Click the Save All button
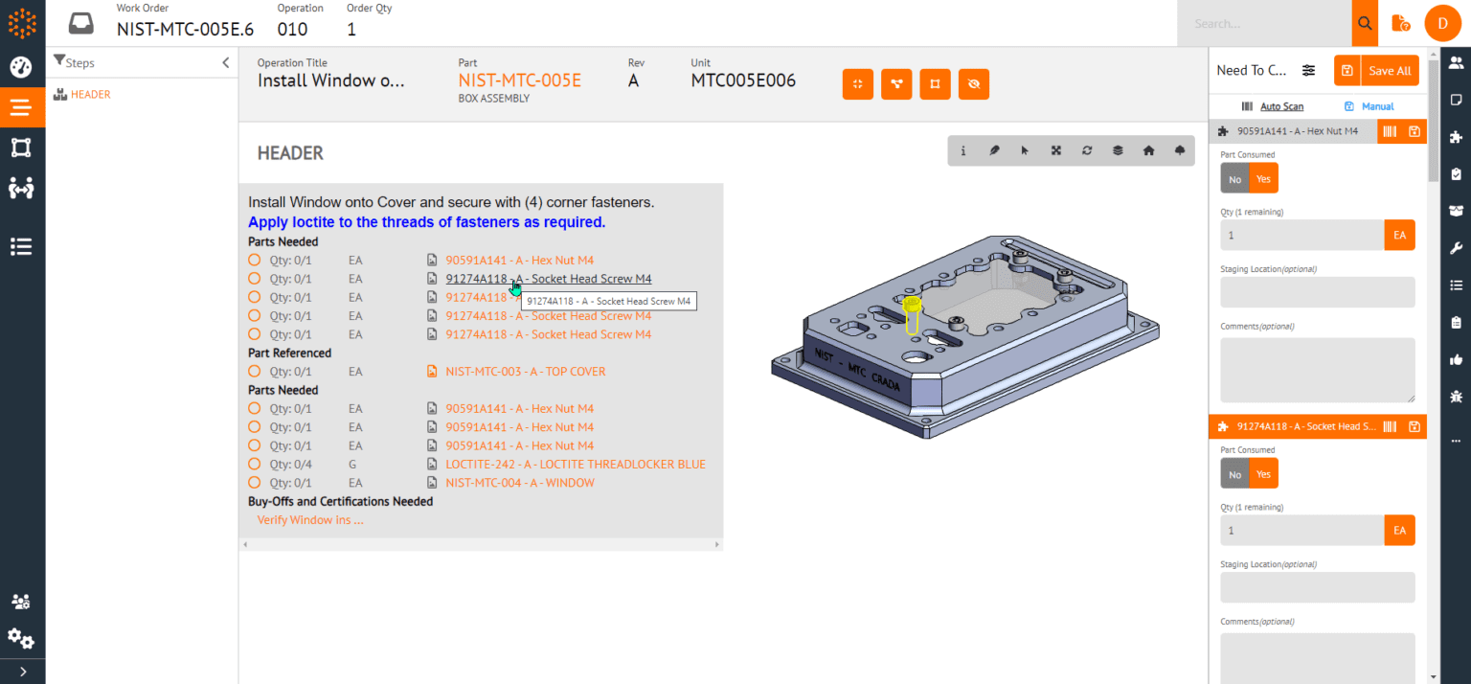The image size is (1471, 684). coord(1389,71)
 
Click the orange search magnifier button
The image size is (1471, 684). coord(1365,23)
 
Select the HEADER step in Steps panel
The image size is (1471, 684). coord(90,95)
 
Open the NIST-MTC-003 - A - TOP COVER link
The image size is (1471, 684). coord(525,372)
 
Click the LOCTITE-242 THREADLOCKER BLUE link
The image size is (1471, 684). coord(575,465)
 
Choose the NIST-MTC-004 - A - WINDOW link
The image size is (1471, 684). coord(519,483)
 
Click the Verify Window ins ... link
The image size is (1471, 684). coord(310,520)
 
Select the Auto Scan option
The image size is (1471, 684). coord(1280,106)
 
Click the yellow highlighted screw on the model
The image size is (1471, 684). coord(912,307)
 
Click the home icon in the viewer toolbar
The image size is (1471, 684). coord(1148,151)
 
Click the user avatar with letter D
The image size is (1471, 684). coord(1442,23)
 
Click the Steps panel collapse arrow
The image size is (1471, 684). coord(226,63)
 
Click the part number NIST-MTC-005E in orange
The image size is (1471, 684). coord(519,80)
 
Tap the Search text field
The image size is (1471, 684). coord(1264,23)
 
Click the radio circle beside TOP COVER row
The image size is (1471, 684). coord(255,372)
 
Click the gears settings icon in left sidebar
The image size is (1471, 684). coord(21,638)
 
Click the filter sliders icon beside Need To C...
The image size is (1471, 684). coord(1309,71)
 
